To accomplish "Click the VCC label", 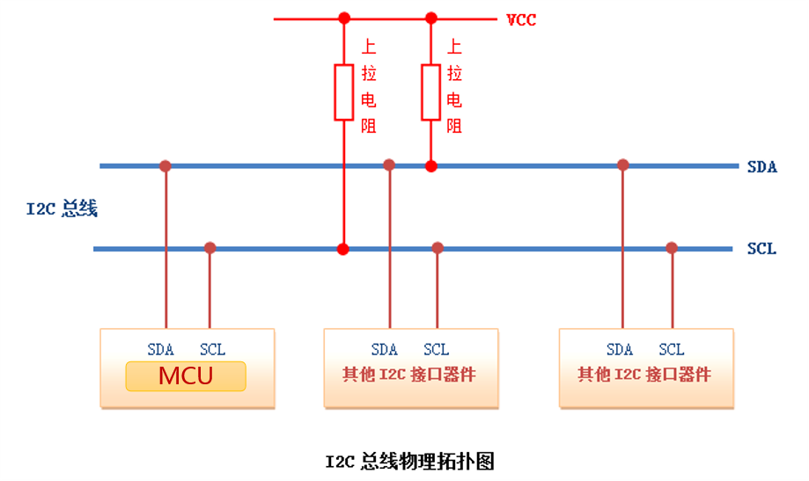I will pos(520,19).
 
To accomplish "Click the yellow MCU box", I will pos(186,376).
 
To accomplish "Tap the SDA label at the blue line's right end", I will pos(761,166).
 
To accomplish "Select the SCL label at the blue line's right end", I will pos(761,249).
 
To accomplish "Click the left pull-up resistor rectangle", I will pos(343,91).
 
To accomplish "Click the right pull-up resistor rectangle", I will pos(430,91).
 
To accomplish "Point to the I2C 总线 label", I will pos(62,209).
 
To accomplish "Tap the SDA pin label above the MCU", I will pos(160,349).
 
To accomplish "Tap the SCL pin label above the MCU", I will pos(212,349).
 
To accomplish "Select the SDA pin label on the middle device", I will pos(385,349).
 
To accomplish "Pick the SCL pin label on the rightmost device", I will pos(671,349).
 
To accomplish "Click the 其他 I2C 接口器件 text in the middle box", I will pos(409,375).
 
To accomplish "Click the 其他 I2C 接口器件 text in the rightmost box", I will pos(644,375).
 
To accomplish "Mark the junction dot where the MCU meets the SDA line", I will pos(165,165).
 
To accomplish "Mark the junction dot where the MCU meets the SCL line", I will pos(210,248).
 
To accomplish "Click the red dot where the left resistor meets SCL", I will pos(343,249).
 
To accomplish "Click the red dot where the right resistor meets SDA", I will pos(430,165).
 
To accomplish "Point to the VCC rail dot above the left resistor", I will pos(343,18).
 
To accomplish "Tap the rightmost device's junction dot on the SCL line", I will pos(672,248).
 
